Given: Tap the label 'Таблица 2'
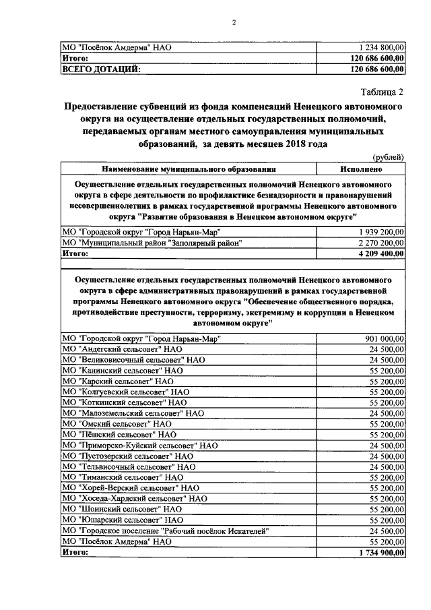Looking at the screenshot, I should tap(380, 92).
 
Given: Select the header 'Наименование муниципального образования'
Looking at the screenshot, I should tap(189, 169).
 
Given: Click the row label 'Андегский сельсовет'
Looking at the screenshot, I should tap(122, 349).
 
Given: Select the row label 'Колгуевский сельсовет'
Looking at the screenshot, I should tap(125, 392).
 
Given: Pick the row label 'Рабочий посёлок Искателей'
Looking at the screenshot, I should tap(166, 530).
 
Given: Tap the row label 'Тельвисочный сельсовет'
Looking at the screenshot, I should tap(128, 466).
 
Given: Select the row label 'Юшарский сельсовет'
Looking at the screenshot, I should tap(122, 520).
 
